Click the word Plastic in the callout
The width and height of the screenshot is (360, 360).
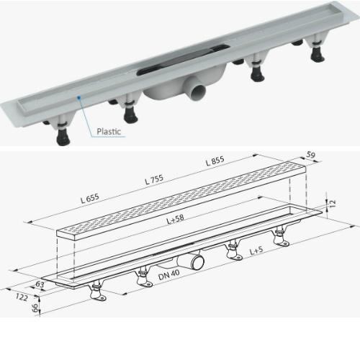pos(109,132)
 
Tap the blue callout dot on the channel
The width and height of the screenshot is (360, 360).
pos(78,97)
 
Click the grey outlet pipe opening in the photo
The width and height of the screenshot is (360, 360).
pos(198,92)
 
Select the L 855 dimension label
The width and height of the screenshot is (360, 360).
pos(215,161)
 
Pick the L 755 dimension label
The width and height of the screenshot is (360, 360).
pos(154,179)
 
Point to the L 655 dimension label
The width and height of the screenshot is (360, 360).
pos(90,199)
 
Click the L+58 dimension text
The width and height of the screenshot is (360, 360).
pos(176,219)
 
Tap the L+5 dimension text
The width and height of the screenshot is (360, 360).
pos(256,251)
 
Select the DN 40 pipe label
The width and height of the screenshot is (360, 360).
pos(168,274)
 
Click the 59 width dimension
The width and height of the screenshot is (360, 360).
pos(310,155)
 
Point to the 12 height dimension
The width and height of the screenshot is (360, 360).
pos(332,204)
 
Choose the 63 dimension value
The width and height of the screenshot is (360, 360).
pos(40,284)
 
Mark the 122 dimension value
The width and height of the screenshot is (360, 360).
pos(22,297)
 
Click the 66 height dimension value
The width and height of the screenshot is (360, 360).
pos(35,307)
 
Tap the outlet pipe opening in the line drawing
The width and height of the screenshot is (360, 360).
pos(197,262)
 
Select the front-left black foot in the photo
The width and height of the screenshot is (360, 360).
pos(63,138)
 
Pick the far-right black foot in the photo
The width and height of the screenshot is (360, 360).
pos(318,55)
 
